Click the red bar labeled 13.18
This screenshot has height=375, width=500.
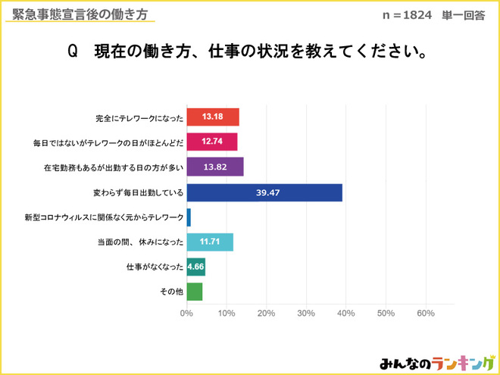(x=213, y=117)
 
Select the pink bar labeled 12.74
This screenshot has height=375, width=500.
(x=211, y=142)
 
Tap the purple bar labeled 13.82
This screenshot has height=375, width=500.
(x=214, y=167)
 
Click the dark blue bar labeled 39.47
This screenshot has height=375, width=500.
(x=264, y=192)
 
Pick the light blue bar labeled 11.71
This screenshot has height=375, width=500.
(x=209, y=242)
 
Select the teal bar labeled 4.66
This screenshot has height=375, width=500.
(x=195, y=267)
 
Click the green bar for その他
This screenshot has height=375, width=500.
(x=194, y=292)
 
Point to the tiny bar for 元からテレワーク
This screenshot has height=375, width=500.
(x=188, y=217)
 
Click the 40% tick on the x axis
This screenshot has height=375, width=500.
(x=345, y=314)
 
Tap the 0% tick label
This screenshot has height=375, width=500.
(x=186, y=314)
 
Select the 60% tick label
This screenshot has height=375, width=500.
(x=425, y=314)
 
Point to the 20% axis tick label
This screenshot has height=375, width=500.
(x=266, y=314)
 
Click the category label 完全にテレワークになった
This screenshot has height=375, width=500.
(x=139, y=117)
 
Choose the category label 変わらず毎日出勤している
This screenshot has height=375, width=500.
(x=139, y=192)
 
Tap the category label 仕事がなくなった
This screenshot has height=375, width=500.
(x=155, y=267)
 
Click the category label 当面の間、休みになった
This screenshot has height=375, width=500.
(x=139, y=242)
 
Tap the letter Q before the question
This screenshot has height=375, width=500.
(x=73, y=52)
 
